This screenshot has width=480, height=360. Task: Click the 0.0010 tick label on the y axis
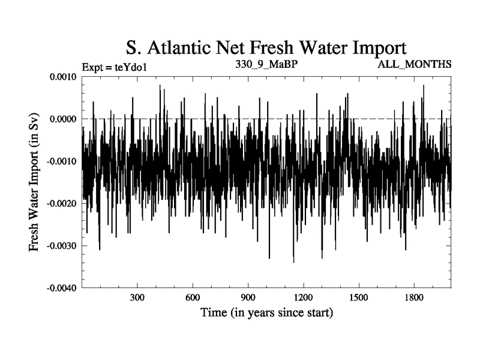coord(62,77)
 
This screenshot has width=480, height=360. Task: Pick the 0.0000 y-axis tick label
coord(62,119)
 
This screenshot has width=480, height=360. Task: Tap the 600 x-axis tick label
coord(193,298)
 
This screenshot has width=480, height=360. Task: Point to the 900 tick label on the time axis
coord(248,298)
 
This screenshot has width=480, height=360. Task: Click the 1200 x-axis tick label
coord(303,298)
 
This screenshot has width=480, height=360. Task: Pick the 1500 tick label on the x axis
coord(358,298)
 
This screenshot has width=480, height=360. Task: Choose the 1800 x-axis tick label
coord(413,298)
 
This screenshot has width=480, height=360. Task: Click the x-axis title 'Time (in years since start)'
coord(266,313)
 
